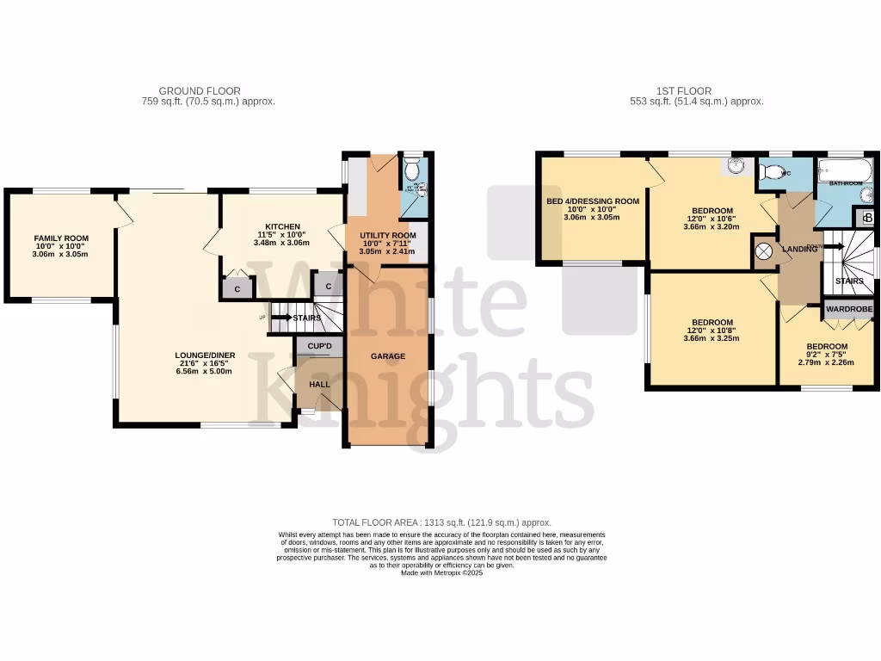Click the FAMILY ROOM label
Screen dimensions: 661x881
pos(61,238)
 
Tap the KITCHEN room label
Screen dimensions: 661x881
pos(282,226)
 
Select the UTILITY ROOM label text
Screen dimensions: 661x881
pos(387,235)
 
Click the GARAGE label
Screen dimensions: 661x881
pos(387,356)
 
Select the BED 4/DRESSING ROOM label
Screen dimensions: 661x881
pos(593,201)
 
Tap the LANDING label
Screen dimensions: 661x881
pos(799,250)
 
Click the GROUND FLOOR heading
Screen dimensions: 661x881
pos(200,90)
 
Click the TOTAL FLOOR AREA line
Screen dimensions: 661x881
pos(441,522)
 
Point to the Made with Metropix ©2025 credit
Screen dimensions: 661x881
pos(441,573)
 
